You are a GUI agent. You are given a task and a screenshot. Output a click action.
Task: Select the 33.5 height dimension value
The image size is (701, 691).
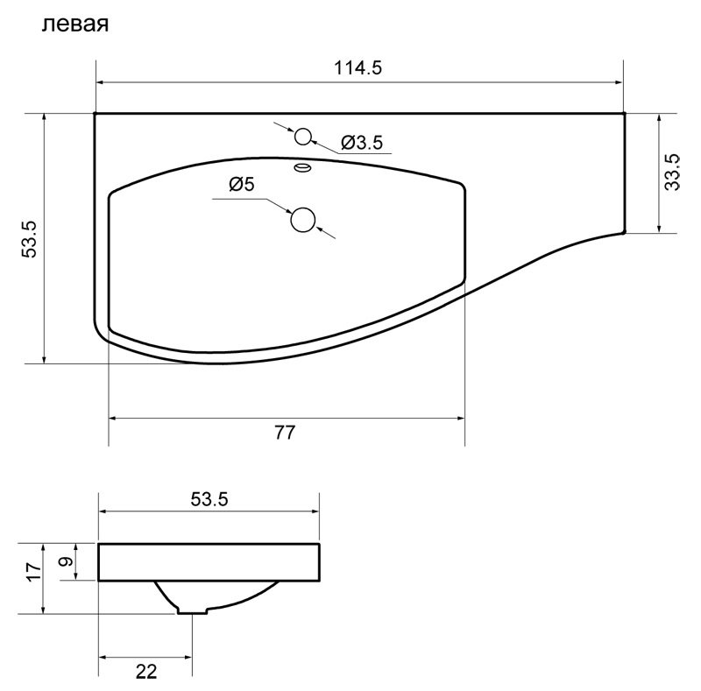[673, 173]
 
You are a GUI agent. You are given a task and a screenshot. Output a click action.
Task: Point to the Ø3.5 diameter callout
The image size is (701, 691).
[362, 143]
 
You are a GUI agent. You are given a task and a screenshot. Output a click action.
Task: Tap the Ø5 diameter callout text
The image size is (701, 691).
[241, 184]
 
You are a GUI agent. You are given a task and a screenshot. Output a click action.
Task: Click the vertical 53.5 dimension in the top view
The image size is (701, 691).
[30, 238]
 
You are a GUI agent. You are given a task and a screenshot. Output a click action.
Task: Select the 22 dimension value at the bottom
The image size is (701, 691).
[146, 671]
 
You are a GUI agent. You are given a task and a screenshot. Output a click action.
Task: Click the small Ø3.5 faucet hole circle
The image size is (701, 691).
[303, 137]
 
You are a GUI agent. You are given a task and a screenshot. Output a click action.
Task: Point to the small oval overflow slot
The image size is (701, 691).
[302, 166]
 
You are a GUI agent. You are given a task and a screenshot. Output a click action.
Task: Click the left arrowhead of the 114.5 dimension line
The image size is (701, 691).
[100, 83]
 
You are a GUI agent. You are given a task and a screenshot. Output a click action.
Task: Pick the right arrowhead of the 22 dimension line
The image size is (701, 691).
[187, 657]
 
